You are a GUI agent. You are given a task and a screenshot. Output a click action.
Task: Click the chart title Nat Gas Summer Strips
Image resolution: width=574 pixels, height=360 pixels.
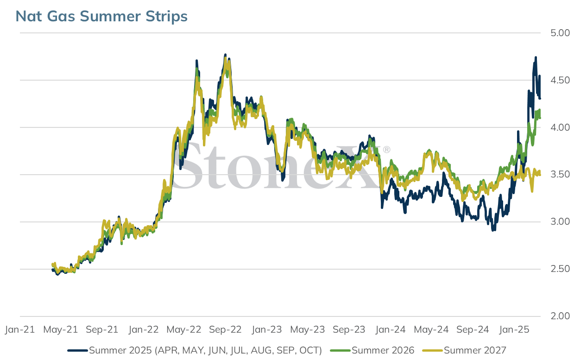pos(101,16)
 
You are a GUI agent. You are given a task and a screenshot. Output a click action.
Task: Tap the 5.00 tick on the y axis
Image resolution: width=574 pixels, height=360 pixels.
pos(560,33)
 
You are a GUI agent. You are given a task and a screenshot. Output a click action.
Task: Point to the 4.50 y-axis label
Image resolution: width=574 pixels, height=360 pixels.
pos(560,81)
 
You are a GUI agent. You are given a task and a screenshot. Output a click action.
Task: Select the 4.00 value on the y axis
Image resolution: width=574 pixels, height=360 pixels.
pos(560,127)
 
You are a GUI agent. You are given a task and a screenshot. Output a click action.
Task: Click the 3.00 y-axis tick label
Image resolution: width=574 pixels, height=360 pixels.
pos(560,221)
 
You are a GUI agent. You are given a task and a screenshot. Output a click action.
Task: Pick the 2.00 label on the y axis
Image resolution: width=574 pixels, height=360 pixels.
pos(560,316)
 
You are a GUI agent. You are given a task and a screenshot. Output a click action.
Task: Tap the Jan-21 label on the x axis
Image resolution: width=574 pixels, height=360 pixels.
pos(20,329)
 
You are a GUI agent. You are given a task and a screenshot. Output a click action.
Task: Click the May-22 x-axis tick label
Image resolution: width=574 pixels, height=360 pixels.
pos(184,329)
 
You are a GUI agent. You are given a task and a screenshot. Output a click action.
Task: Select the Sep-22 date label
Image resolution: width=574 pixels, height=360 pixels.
pos(225,329)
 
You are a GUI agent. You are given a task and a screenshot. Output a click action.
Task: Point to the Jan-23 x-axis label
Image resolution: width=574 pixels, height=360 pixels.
pos(267,329)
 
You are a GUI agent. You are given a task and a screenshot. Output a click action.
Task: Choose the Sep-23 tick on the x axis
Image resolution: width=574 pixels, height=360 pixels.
pos(349,329)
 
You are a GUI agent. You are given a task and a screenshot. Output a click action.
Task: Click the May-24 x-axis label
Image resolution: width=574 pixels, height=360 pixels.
pos(431,329)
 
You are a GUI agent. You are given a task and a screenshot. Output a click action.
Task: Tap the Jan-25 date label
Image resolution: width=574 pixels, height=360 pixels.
pos(514,329)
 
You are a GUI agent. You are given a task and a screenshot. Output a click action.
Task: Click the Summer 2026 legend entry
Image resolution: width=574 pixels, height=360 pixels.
pos(383,350)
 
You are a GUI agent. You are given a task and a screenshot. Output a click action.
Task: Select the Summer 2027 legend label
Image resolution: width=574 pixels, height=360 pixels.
pos(475,350)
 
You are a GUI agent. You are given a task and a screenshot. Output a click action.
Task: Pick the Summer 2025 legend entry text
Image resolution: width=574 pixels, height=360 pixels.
pos(205,350)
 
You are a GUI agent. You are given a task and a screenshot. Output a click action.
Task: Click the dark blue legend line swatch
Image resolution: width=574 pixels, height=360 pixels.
pos(78,351)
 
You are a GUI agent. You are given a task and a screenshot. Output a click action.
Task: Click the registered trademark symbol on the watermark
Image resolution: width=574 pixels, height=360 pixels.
pos(387,149)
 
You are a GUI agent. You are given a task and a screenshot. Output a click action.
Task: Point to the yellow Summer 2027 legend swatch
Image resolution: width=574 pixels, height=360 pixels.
pos(433,351)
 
